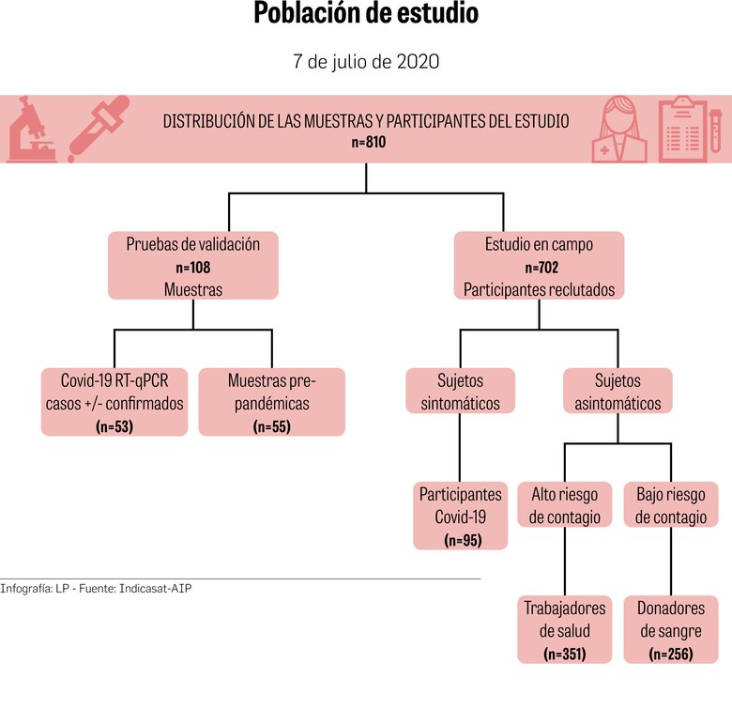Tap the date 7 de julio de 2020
[366, 62]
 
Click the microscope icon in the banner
[30, 130]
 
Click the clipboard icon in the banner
[683, 130]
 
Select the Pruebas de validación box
[193, 267]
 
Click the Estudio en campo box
[539, 267]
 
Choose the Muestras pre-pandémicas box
[272, 402]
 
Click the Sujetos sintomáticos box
[460, 393]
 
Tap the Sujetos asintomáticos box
[618, 393]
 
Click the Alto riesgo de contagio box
[564, 505]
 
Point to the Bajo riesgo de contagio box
[671, 505]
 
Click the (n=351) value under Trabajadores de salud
[564, 653]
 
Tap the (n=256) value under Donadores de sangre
[671, 653]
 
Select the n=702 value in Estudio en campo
[539, 268]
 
